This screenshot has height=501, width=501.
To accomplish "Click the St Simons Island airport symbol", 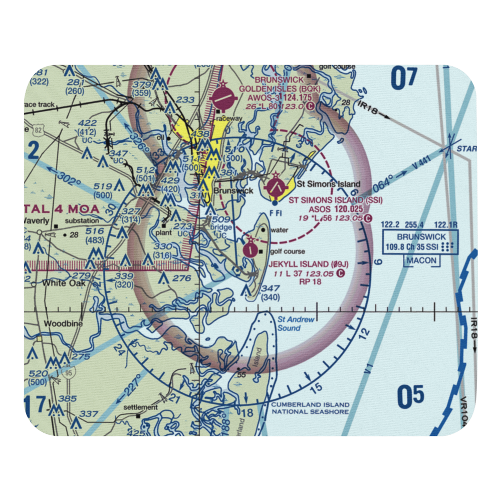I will [x=275, y=188].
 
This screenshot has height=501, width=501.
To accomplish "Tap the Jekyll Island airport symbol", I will [x=250, y=248].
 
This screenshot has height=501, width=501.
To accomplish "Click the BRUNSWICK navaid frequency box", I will [x=420, y=241].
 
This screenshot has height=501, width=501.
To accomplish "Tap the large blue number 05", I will [x=410, y=397].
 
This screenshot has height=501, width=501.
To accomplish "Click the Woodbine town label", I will [x=63, y=324].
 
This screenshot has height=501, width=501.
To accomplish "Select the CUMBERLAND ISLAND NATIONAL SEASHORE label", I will [x=310, y=408].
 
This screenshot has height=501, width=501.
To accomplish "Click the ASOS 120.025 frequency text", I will [x=335, y=209].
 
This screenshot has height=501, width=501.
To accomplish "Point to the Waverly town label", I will [x=38, y=220].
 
